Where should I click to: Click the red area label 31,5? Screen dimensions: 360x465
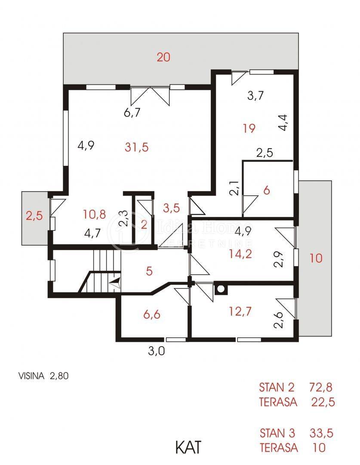137,147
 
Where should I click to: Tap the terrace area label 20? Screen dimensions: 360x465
163,57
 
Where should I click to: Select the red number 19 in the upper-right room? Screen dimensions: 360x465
249,128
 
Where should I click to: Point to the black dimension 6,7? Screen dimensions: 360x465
132,112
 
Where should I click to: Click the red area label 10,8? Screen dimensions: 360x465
94,214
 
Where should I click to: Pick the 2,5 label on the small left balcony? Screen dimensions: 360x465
34,216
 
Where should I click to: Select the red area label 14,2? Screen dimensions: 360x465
240,254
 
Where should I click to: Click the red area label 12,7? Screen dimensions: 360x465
240,311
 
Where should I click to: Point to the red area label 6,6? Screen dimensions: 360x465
152,314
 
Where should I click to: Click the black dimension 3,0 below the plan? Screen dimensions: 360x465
157,351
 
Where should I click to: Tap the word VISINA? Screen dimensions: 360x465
31,376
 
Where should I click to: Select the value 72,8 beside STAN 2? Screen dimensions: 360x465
321,387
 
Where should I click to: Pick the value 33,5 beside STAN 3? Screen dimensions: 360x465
321,433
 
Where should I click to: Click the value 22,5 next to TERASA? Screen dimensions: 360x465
323,402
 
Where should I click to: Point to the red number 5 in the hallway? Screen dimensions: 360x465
149,271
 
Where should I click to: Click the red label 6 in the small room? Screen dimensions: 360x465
267,190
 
